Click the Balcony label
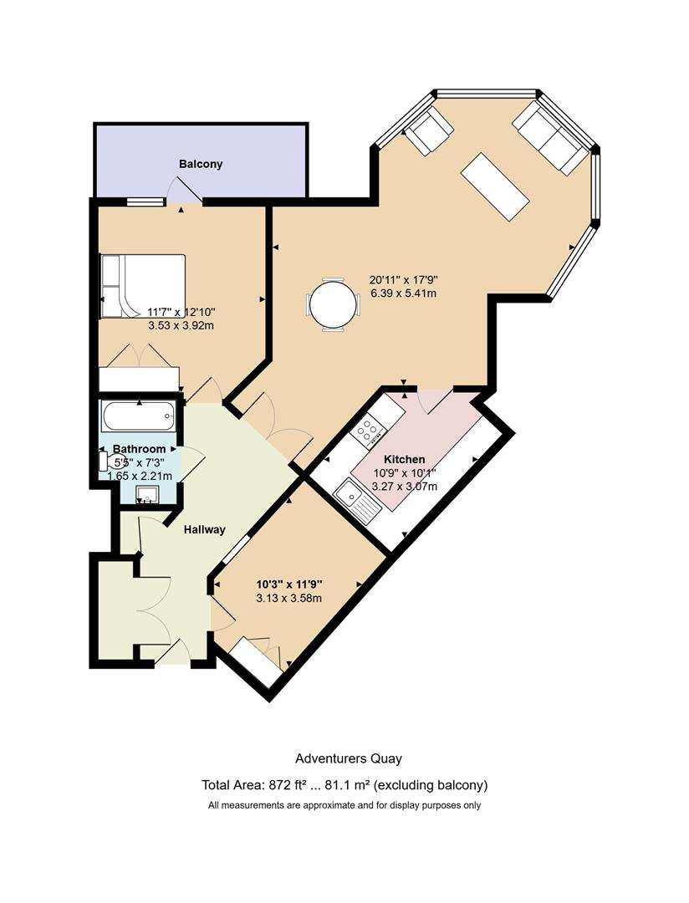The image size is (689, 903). [201, 164]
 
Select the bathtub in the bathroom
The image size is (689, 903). [139, 416]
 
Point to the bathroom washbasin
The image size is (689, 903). [147, 494]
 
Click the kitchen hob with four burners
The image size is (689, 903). [368, 431]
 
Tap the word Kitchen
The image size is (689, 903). [405, 459]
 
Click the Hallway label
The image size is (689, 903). [205, 529]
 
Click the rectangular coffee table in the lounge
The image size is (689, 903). [495, 186]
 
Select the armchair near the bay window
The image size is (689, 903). [429, 130]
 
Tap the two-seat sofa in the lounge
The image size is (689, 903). [550, 138]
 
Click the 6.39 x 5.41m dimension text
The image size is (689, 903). [404, 293]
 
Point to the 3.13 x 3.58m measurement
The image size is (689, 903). [289, 599]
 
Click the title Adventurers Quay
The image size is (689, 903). [349, 758]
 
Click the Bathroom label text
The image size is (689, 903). [140, 449]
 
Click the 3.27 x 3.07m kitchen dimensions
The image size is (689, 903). [405, 487]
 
